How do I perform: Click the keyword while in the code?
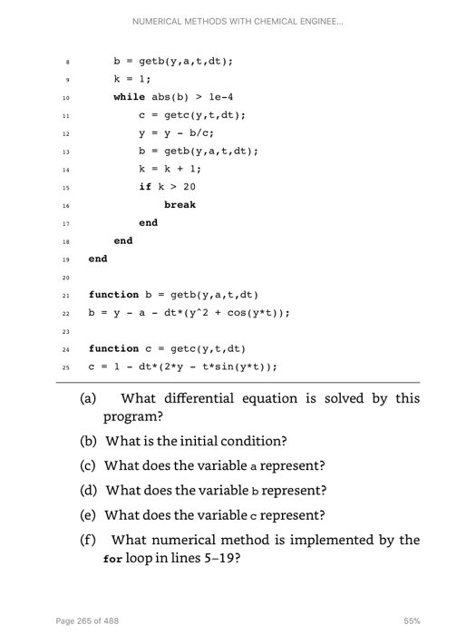(128, 96)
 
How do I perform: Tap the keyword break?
(180, 205)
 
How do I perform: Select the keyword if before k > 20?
(144, 187)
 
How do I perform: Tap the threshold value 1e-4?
(221, 96)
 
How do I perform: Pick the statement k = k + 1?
(170, 169)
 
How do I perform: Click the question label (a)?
(89, 398)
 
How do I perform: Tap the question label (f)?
(88, 541)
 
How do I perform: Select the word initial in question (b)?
(211, 442)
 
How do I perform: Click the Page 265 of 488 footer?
(87, 620)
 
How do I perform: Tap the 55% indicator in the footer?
(412, 620)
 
